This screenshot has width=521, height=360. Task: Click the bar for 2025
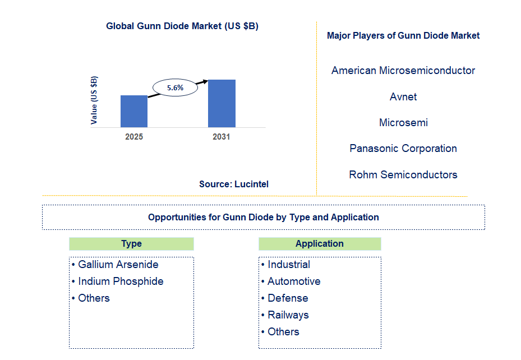click(134, 111)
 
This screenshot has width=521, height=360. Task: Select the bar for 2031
click(222, 103)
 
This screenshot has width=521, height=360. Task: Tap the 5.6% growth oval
click(176, 87)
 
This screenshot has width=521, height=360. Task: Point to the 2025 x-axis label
click(134, 137)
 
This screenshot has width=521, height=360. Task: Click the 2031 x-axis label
click(221, 137)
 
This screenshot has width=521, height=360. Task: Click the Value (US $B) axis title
click(94, 100)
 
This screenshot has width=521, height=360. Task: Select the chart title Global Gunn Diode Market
click(182, 26)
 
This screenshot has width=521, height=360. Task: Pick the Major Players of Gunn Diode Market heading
click(403, 35)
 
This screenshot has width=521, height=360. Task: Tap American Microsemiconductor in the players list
click(403, 71)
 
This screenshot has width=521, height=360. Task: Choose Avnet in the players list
click(403, 97)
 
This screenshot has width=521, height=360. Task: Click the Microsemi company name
click(403, 123)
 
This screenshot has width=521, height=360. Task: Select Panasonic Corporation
click(403, 149)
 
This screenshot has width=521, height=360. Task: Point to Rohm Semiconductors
click(403, 175)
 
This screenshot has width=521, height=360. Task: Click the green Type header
click(131, 244)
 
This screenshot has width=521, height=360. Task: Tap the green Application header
click(320, 244)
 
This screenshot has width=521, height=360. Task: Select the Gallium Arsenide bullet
click(118, 265)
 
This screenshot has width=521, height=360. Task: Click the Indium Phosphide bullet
click(121, 281)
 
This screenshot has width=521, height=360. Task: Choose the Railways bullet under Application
click(288, 315)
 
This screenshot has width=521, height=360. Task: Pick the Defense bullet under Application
click(288, 298)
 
